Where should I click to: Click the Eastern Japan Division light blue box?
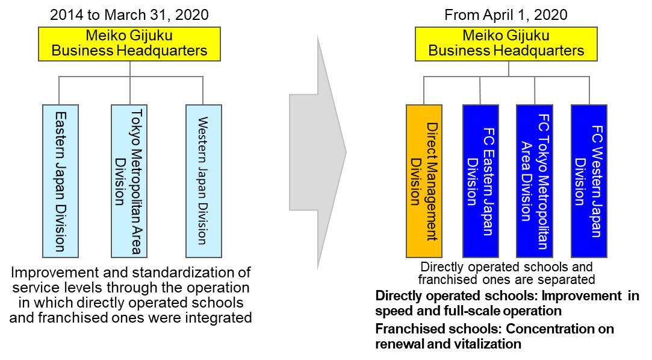(x=60, y=182)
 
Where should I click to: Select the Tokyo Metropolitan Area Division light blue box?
(x=129, y=182)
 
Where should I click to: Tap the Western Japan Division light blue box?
(x=203, y=182)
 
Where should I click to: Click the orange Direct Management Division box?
(x=424, y=182)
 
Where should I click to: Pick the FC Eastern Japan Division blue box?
(x=480, y=182)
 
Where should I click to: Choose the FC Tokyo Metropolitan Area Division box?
(x=535, y=182)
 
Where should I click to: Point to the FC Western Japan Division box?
(x=589, y=182)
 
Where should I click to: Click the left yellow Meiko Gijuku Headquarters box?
(x=129, y=44)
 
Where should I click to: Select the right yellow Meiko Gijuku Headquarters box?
(x=506, y=44)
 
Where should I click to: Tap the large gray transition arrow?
(x=318, y=153)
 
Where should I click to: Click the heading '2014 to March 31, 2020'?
(x=129, y=15)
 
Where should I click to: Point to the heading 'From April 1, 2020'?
(x=506, y=15)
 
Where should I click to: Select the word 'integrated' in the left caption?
(x=219, y=318)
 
